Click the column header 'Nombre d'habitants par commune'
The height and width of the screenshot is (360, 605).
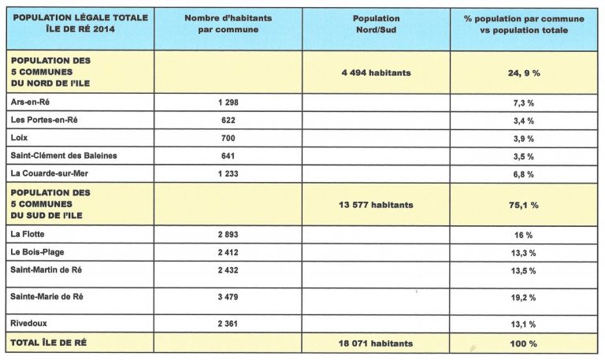click(228, 24)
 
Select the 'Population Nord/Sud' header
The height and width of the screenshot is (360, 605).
click(377, 24)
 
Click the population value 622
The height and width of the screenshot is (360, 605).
click(228, 121)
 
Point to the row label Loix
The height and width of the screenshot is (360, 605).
click(19, 138)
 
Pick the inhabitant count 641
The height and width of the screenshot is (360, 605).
click(228, 156)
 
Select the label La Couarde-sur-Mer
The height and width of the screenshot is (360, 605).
click(50, 173)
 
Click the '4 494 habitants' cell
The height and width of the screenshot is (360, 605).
click(377, 72)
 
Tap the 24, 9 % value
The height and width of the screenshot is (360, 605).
click(524, 73)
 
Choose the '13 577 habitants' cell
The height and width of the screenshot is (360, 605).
click(377, 205)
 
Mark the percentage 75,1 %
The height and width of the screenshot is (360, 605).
click(524, 206)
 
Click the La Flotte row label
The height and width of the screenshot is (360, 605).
click(28, 234)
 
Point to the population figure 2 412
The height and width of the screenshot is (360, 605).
click(228, 252)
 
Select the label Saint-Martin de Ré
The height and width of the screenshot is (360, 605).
click(46, 270)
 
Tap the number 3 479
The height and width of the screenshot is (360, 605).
click(228, 297)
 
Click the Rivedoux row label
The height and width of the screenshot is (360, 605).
click(28, 323)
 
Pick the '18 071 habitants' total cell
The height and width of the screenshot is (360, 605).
click(376, 343)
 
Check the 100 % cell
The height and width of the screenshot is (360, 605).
click(524, 343)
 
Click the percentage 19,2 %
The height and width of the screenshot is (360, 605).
click(524, 298)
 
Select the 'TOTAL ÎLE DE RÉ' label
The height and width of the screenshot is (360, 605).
click(48, 343)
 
